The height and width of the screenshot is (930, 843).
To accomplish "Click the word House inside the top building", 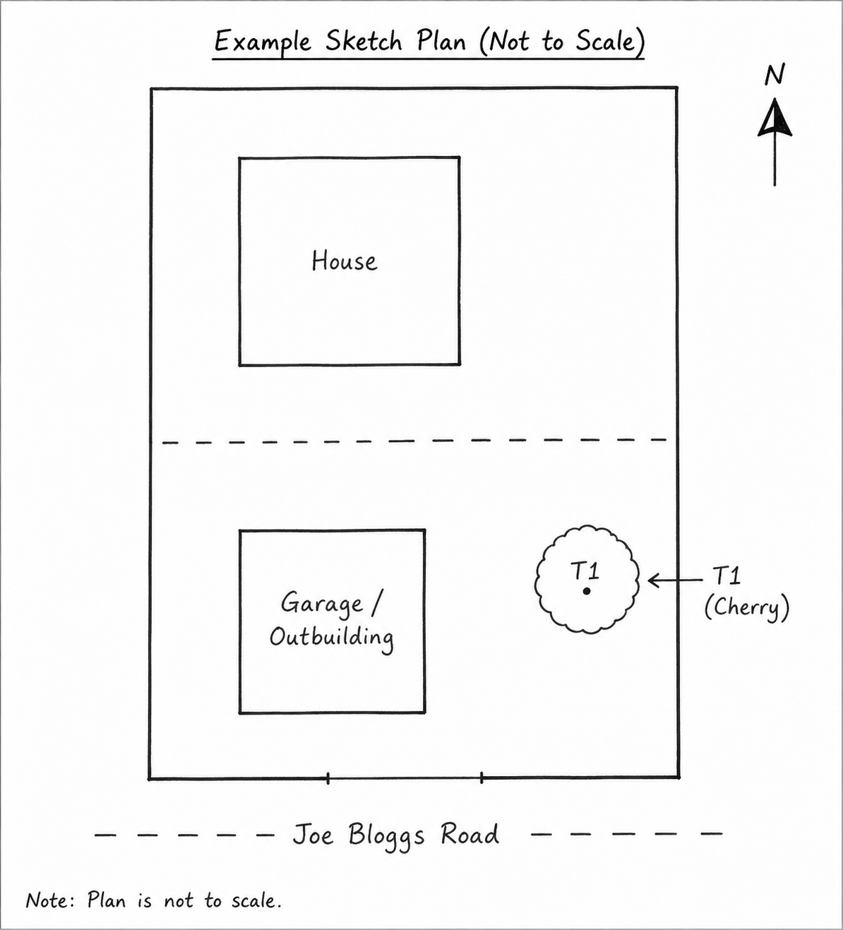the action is click(344, 261).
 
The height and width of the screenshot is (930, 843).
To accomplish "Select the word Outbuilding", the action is click(332, 638).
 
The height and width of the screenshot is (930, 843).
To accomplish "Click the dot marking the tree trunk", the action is click(587, 591).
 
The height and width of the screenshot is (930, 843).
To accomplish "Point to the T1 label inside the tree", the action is click(585, 571).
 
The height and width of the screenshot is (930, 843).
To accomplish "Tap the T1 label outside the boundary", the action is click(727, 576).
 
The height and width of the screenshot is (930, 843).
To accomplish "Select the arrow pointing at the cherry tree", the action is click(675, 580).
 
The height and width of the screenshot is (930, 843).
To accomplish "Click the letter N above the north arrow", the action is click(775, 75).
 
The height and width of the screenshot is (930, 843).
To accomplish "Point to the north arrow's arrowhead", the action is click(775, 118).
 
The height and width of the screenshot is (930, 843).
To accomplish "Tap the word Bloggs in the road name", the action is click(386, 836).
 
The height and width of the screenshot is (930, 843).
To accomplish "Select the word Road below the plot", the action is click(470, 833).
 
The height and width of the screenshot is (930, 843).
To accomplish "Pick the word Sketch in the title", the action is click(364, 41).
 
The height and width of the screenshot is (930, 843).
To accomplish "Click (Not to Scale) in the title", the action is click(562, 42).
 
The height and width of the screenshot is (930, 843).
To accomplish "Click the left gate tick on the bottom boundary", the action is click(328, 778).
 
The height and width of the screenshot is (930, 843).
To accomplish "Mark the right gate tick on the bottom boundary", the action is click(482, 778).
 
